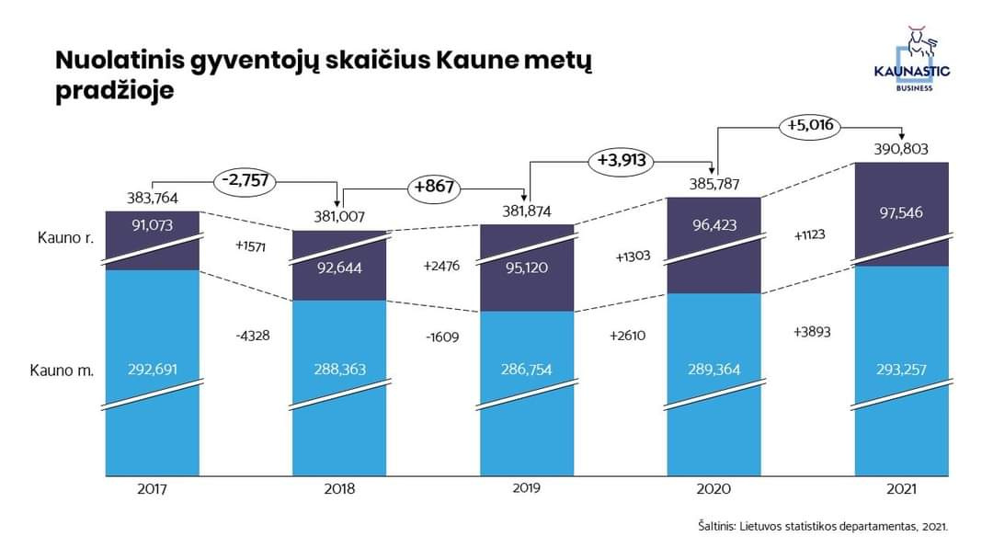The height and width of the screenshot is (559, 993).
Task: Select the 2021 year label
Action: coord(902,489)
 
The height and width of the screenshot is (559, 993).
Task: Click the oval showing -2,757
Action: coord(245,180)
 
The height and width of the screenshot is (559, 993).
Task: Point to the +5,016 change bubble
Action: coord(810,125)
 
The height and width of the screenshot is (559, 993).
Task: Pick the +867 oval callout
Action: coord(434,187)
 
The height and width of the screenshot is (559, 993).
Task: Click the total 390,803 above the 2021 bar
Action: coord(901,149)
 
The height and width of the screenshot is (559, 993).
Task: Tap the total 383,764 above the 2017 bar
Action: coord(152,198)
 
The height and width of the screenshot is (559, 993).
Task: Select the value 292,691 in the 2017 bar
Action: coord(152,370)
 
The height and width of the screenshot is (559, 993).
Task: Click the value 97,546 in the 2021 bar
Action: coord(901,212)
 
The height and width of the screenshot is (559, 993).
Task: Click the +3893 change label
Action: coord(811,332)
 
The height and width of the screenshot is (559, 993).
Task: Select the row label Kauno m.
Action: coord(62,371)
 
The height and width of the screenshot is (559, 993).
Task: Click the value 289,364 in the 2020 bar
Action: coord(713,370)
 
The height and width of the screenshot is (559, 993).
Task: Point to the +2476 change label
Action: coord(440,266)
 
